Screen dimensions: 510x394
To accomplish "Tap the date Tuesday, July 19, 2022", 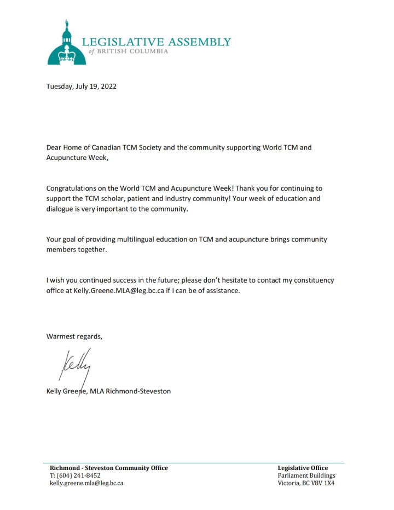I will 82,86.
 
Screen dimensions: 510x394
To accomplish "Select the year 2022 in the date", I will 108,86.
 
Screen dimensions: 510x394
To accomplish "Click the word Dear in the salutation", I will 55,148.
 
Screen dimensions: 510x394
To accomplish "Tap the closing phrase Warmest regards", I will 74,336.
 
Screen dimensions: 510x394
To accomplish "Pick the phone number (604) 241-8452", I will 79,475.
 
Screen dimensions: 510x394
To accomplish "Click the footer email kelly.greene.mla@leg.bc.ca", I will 86,483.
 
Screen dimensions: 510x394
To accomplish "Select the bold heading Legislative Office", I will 303,468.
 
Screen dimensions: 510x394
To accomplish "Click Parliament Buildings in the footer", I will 306,475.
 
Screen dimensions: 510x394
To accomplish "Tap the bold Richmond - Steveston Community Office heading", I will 108,468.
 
